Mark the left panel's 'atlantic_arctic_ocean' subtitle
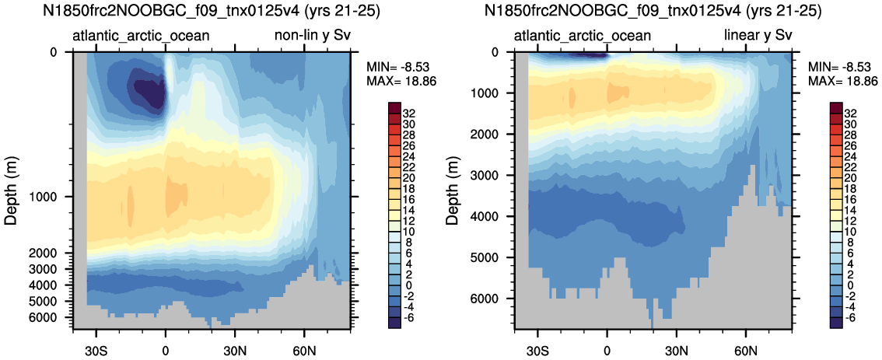coord(142,37)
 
